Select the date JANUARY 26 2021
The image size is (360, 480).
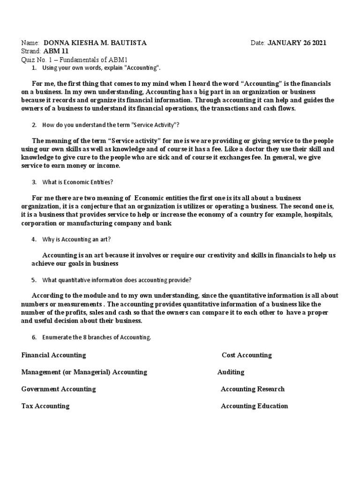pyautogui.click(x=296, y=43)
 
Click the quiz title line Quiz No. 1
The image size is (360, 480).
pyautogui.click(x=75, y=60)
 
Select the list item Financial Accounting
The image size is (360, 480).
pyautogui.click(x=54, y=355)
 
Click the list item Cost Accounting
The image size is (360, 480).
pyautogui.click(x=247, y=355)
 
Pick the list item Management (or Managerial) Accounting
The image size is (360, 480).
pyautogui.click(x=84, y=372)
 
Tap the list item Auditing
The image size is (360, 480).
pyautogui.click(x=231, y=372)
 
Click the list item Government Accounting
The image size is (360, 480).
pyautogui.click(x=59, y=389)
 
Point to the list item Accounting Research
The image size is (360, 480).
pyautogui.click(x=253, y=389)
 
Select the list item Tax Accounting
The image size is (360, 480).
pyautogui.click(x=45, y=406)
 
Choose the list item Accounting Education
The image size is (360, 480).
pyautogui.click(x=255, y=406)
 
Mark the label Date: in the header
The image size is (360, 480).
pyautogui.click(x=258, y=43)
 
